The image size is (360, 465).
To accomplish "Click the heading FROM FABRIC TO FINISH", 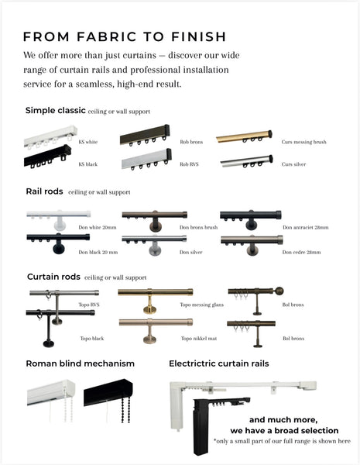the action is coord(125,36).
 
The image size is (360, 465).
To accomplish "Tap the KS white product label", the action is coord(88,142).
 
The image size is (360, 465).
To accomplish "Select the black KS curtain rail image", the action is coord(47,157).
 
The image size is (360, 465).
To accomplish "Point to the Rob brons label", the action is coord(191,142).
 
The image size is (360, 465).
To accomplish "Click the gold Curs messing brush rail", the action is coord(244,136).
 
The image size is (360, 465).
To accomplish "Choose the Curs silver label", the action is coord(293,164).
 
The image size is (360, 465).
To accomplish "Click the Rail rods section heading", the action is coord(44,191).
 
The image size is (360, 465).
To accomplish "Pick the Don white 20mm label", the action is coord(98,227).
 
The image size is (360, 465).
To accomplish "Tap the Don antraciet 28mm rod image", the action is coord(251,219).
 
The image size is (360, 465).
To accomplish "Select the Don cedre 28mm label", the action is coord(301,253).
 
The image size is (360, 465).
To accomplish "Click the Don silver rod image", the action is coord(154,245).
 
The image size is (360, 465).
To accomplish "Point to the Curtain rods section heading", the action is coord(53,277).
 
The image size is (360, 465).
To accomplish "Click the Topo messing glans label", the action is coord(202,305).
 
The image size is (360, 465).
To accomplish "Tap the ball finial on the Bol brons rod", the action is coord(279,291).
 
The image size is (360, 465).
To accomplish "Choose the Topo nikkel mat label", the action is coord(199,339).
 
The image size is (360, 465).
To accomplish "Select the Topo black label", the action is coord(92,339).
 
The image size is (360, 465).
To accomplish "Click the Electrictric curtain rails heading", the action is coord(219,363).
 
